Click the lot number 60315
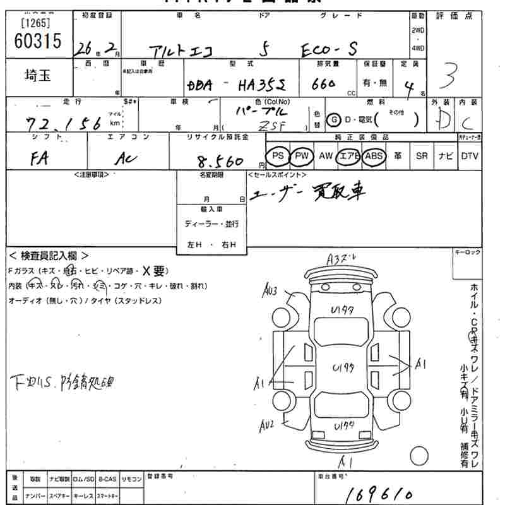37,42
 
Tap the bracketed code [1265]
36,24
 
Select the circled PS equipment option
277,155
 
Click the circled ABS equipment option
374,155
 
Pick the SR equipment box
421,155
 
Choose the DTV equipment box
469,155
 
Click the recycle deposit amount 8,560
220,162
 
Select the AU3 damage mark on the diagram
271,291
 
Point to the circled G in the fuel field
332,120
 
